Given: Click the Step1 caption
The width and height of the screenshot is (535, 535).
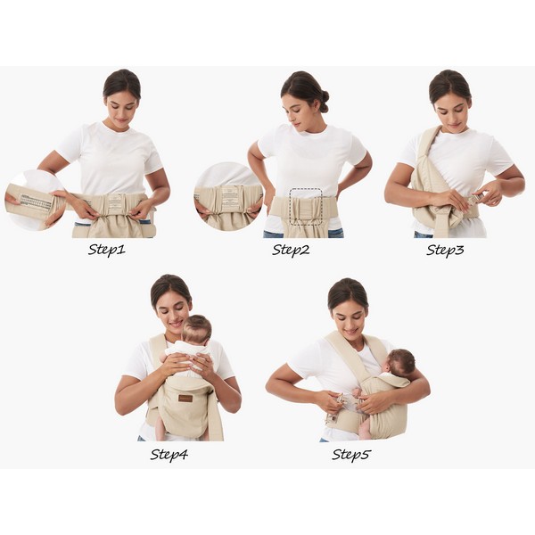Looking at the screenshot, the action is [107, 250].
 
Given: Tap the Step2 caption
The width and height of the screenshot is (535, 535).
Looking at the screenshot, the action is [291, 250].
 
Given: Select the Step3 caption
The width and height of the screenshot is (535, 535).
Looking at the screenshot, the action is [445, 250].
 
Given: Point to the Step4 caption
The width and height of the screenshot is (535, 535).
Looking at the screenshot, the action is [169, 454].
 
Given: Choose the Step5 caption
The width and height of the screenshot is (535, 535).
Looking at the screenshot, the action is [351, 454].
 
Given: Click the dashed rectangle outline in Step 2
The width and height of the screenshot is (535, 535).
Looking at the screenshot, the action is [306, 188].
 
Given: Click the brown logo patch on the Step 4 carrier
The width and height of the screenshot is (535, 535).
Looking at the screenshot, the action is [185, 398].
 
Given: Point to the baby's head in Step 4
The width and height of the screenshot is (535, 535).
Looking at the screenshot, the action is [196, 329].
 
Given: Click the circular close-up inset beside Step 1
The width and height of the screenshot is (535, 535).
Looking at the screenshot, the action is [35, 200].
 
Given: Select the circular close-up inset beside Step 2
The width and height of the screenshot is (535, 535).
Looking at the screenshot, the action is [227, 197].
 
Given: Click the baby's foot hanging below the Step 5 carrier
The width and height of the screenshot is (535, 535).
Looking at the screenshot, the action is [364, 431].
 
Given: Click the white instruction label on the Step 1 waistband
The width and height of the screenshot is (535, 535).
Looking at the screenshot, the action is [115, 202].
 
